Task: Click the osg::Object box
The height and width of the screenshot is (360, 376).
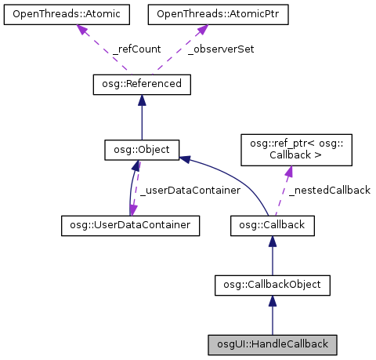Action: click(x=143, y=149)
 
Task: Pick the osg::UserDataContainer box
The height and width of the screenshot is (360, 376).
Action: click(x=130, y=225)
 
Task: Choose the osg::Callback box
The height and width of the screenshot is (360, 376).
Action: click(x=273, y=225)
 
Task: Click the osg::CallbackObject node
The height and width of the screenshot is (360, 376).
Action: click(x=273, y=284)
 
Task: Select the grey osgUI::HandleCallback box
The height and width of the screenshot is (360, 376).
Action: click(x=273, y=344)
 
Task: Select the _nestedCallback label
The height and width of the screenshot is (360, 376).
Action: click(x=328, y=190)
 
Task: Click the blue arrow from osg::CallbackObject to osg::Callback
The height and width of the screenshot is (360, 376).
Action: click(x=273, y=255)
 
